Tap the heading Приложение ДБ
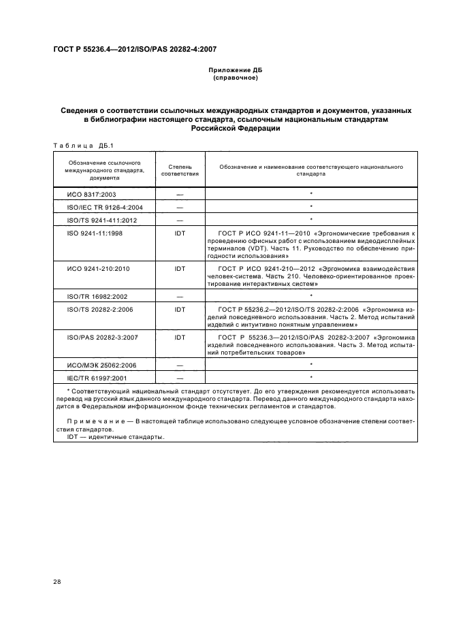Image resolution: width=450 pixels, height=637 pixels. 235,71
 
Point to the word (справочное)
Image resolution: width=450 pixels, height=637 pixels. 235,78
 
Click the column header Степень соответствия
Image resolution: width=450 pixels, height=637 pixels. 180,169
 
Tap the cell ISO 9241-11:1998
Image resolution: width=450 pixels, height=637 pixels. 96,233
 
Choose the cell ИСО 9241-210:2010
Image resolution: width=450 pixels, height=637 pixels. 98,269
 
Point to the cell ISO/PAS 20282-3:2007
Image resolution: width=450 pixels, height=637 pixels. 102,336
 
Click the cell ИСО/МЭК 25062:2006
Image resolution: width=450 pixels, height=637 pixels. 101,365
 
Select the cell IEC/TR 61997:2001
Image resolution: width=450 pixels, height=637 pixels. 97,377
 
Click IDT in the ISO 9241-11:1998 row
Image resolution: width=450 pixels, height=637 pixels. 180,233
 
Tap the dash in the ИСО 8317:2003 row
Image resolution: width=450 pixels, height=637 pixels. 180,195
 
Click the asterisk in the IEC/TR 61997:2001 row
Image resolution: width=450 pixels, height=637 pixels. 310,377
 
